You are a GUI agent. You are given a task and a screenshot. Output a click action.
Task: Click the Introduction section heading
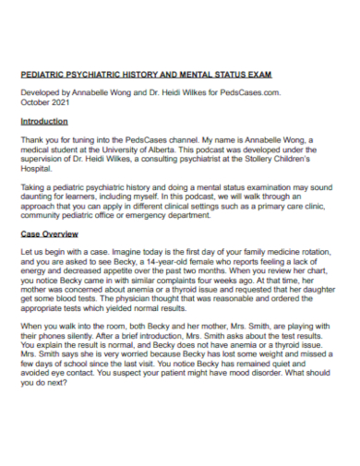click(x=43, y=121)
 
